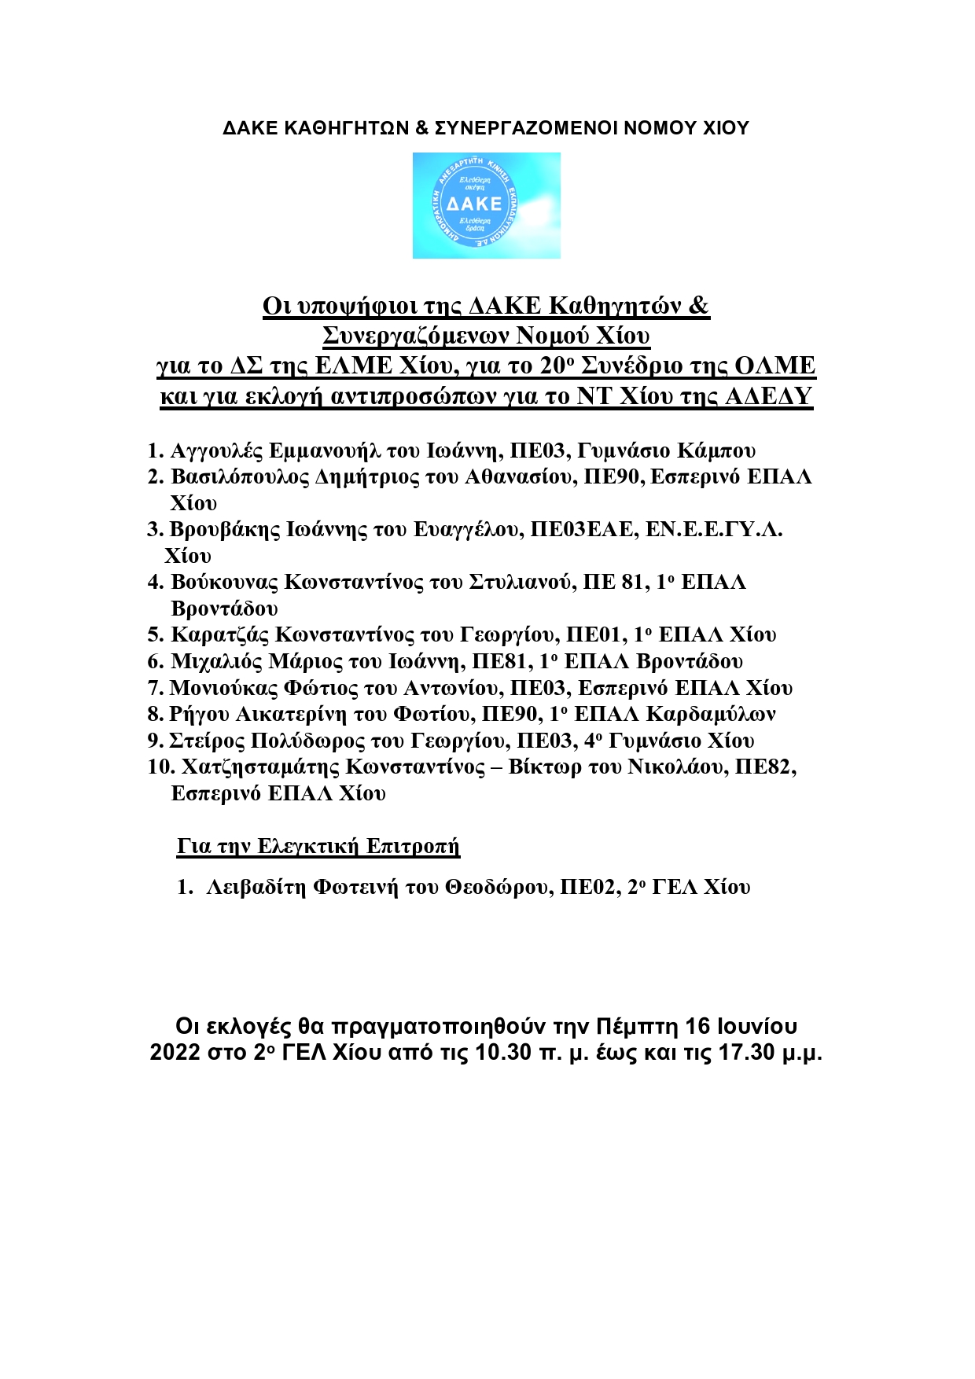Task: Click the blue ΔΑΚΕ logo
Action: click(486, 205)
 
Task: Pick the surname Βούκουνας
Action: click(224, 583)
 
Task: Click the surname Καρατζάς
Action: click(220, 635)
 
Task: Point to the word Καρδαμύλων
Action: click(711, 715)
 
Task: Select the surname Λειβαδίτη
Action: click(256, 888)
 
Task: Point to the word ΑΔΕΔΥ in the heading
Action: click(767, 396)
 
